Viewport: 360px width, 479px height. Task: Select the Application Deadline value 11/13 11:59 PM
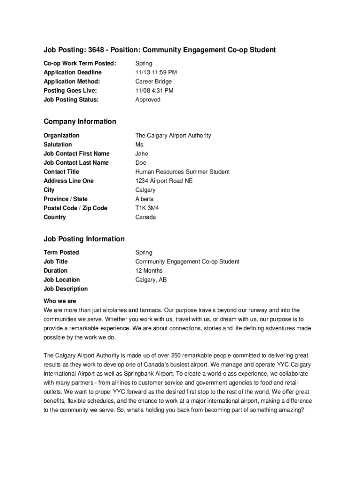(156, 73)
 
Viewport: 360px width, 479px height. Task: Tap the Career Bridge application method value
(153, 81)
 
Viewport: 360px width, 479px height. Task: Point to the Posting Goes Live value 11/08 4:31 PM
(154, 90)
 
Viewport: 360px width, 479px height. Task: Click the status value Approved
(148, 100)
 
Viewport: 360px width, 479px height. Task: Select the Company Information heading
(80, 122)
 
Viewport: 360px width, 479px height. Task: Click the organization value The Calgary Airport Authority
(173, 136)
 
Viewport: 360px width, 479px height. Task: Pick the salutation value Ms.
(140, 145)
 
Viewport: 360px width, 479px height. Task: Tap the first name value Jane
(142, 153)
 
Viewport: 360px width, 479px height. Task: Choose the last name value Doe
(141, 163)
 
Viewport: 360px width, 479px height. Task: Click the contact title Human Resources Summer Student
(182, 172)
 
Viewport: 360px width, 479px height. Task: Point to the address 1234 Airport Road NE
(164, 181)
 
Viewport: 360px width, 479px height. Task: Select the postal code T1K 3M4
(147, 208)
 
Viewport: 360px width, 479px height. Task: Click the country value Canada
(146, 217)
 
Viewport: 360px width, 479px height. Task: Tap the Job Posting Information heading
(84, 239)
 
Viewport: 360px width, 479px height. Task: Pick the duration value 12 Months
(149, 271)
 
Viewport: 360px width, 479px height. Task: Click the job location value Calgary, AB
(151, 280)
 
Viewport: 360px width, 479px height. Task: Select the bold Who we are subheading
(60, 301)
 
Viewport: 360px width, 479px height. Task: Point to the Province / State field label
(65, 199)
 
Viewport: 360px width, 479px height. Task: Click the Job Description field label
(65, 289)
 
